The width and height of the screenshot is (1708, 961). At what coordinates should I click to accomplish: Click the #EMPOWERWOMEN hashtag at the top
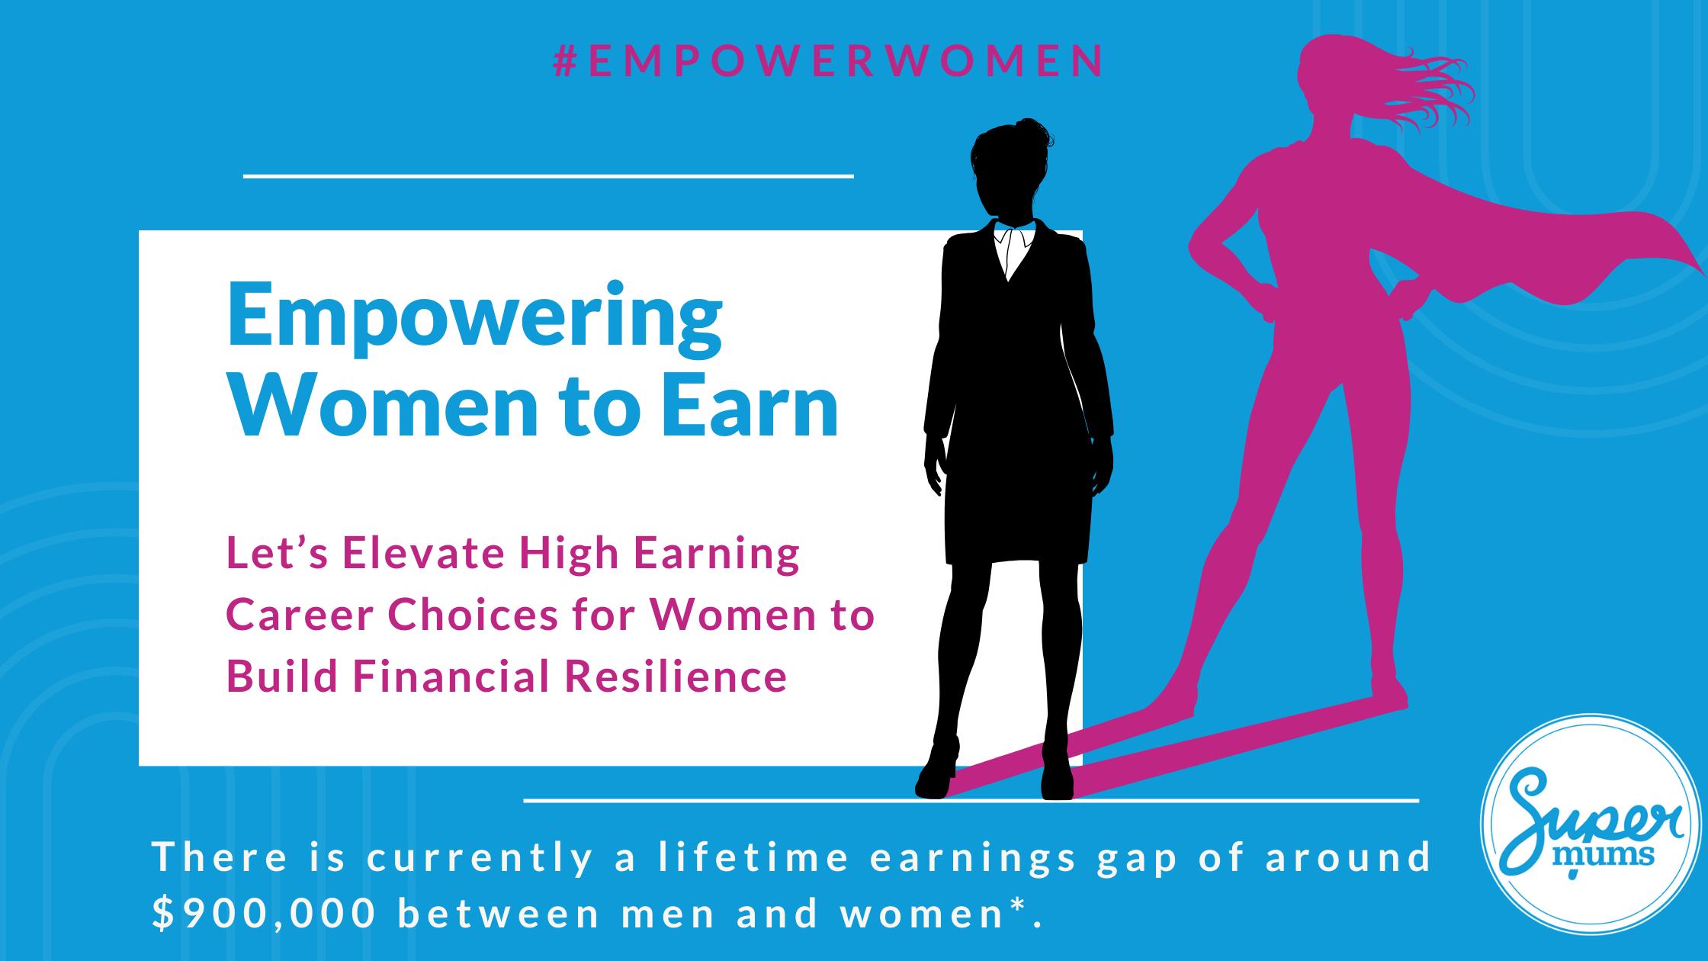click(828, 62)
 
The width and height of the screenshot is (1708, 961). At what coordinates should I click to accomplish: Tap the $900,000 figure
click(264, 914)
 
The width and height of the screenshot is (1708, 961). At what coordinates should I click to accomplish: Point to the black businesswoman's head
click(1010, 172)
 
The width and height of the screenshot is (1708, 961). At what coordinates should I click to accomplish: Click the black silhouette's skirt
click(1013, 519)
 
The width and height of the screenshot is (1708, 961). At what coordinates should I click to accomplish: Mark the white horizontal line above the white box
click(547, 176)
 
